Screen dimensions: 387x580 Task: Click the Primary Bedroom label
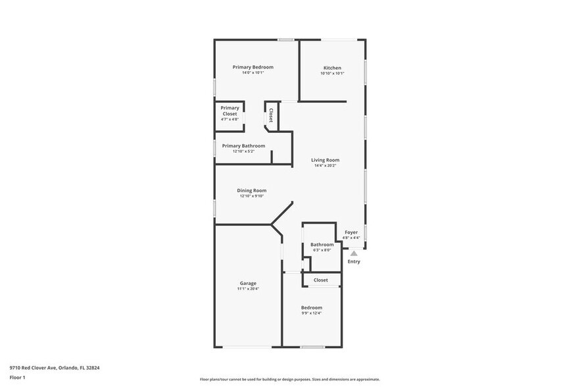[253, 67]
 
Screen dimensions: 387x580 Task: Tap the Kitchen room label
[332, 68]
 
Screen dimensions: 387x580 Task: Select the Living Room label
[325, 160]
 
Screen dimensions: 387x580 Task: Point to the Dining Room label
[252, 191]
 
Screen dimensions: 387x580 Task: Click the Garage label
[248, 283]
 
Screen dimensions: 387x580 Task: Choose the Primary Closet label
[230, 111]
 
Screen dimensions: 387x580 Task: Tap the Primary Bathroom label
[243, 145]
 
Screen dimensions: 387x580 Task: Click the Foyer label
[351, 232]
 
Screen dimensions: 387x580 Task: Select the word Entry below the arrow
[354, 261]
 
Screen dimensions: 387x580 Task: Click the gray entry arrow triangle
[354, 253]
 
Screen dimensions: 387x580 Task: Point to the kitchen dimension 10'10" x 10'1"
[332, 73]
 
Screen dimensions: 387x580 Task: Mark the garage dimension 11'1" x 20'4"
[248, 288]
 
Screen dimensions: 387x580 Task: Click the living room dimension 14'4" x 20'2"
[325, 165]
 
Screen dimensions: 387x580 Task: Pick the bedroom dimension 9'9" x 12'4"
[312, 313]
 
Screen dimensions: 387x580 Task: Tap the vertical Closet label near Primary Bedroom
[270, 115]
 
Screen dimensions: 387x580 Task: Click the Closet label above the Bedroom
[321, 280]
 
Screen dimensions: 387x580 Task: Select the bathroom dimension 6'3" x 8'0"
[322, 250]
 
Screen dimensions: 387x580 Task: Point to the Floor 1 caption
[17, 377]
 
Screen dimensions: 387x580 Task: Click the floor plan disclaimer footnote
[289, 379]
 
